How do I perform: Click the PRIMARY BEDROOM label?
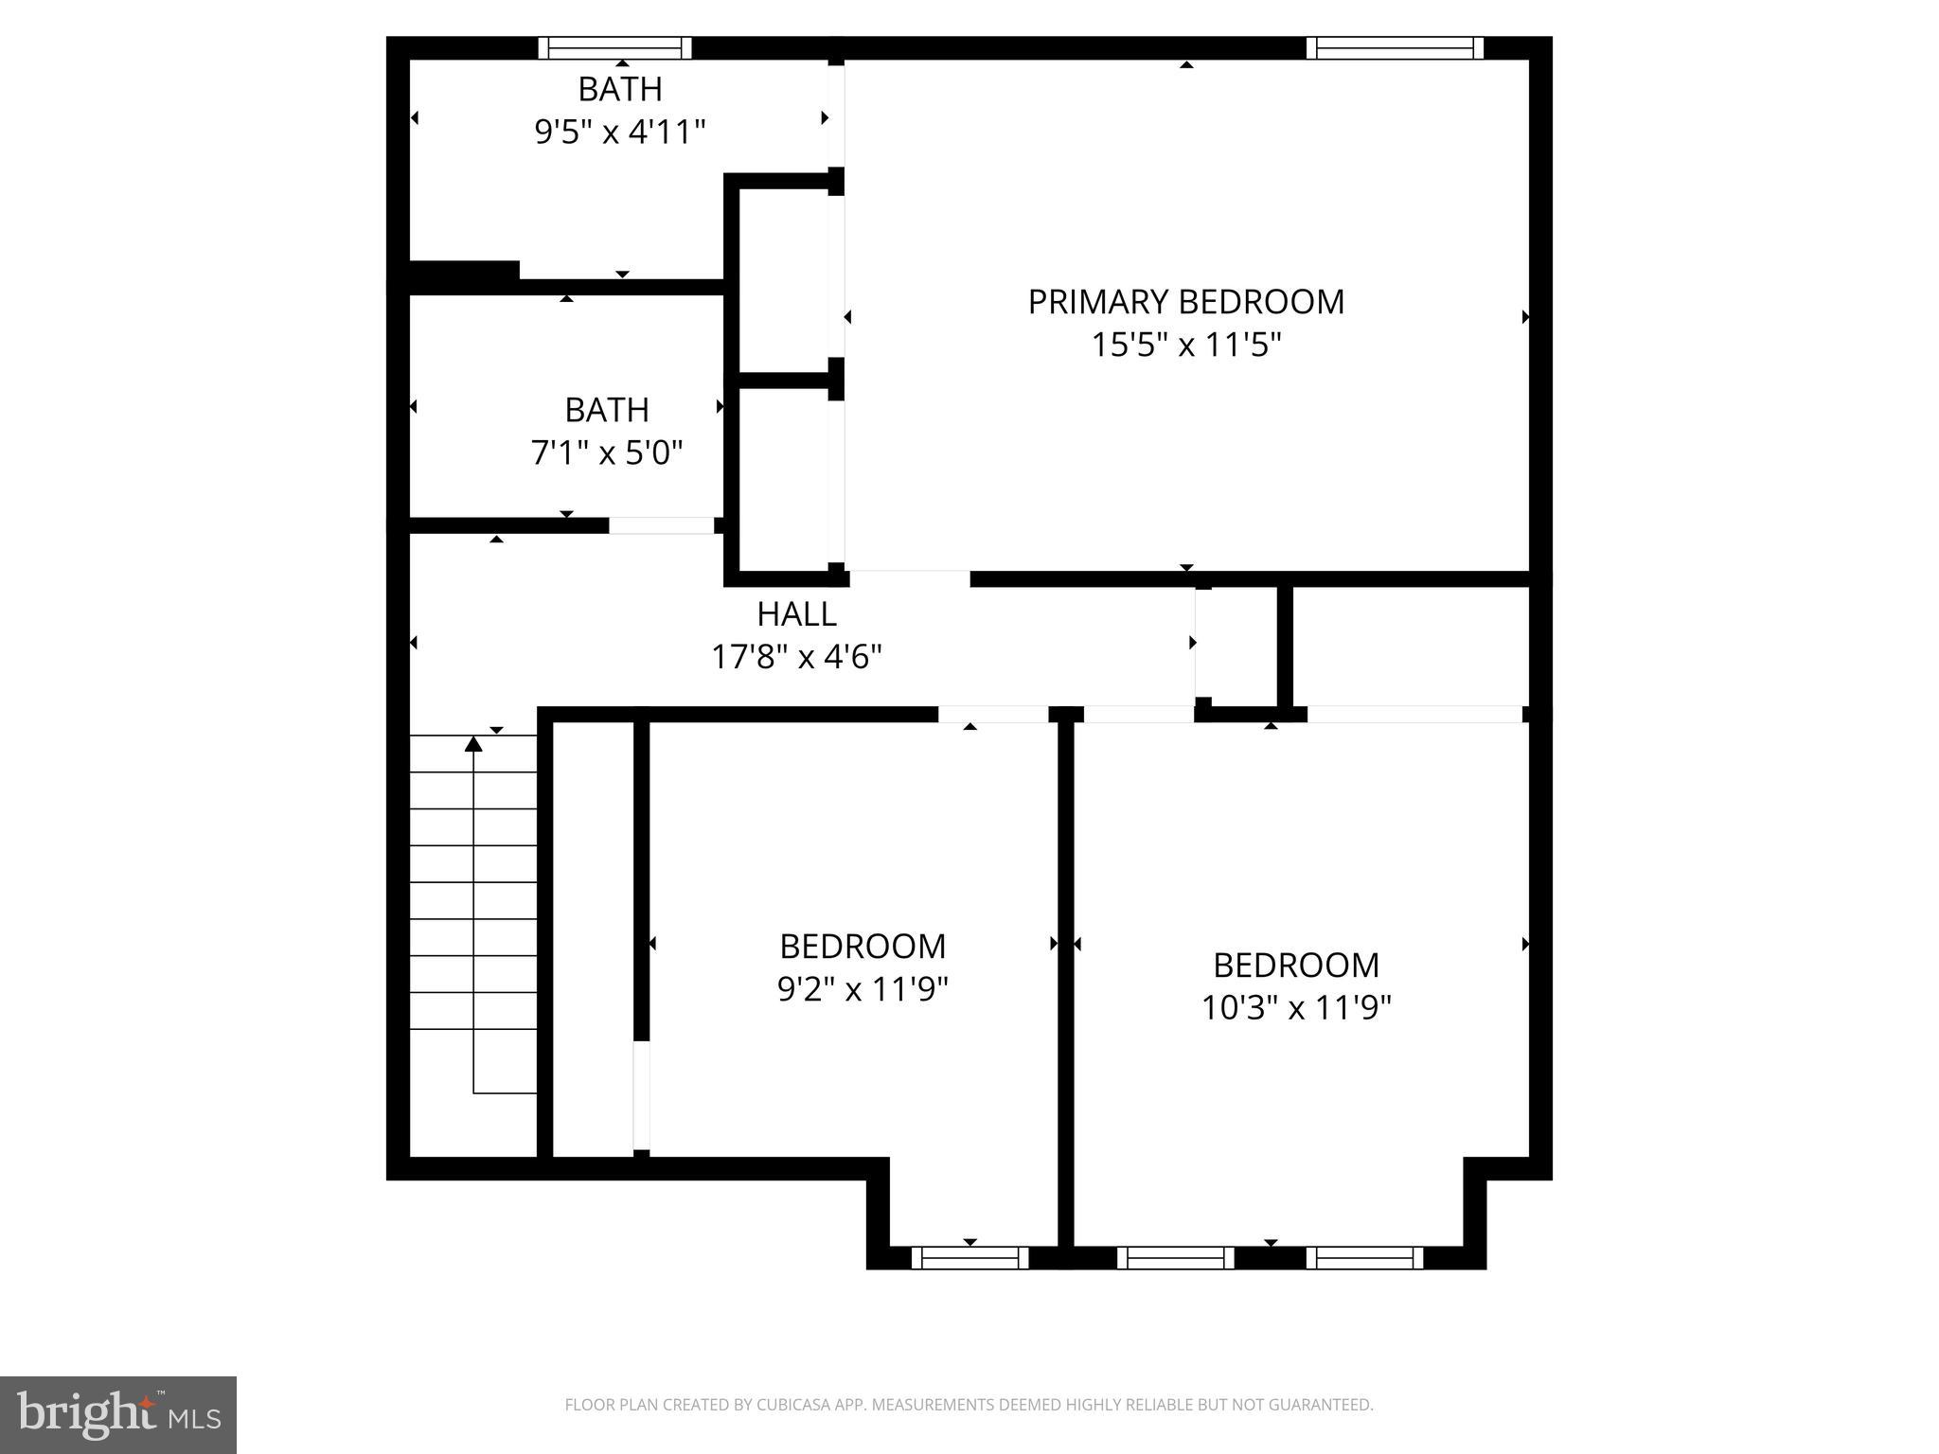pos(1185,302)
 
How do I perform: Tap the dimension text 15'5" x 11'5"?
pos(1185,345)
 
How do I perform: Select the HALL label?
pos(796,614)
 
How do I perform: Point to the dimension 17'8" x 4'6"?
pos(796,656)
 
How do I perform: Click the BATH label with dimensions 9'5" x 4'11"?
pos(620,89)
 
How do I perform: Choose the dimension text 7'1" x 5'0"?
pos(606,452)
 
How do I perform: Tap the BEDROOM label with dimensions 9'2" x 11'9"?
pos(863,946)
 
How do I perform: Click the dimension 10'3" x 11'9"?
pos(1295,1007)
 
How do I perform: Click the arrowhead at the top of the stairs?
pos(473,744)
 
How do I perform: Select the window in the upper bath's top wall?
pos(614,47)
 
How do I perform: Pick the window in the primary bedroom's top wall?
pos(1395,47)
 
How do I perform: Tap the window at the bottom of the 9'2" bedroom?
pos(969,1257)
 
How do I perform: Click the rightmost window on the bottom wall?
pos(1364,1257)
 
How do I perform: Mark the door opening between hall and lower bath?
pos(661,525)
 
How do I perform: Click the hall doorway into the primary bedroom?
pos(909,578)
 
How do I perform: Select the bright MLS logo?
pos(117,1414)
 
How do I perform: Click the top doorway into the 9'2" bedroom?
pos(992,714)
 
